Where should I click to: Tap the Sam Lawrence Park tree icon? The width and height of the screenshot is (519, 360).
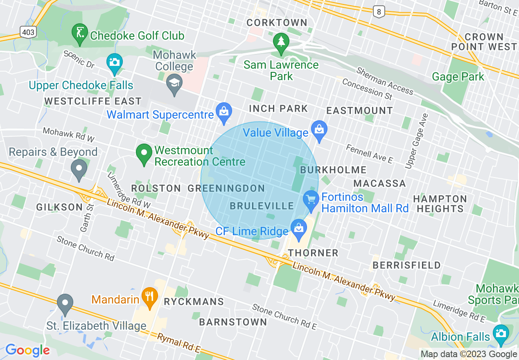(281, 42)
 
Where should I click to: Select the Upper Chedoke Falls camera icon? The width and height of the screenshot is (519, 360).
(114, 63)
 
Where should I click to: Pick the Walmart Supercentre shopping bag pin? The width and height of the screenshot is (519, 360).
(224, 112)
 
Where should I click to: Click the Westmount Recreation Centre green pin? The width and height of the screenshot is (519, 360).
(144, 153)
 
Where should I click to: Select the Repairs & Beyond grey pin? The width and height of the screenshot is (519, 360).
(79, 169)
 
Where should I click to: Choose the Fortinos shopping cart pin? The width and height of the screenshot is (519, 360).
(311, 200)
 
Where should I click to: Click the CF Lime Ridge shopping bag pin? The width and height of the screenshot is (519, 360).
(299, 228)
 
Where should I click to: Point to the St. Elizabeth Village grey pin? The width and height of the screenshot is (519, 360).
(65, 304)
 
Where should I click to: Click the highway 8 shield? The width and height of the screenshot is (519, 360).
(379, 12)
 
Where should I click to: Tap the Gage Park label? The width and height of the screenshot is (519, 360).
(458, 76)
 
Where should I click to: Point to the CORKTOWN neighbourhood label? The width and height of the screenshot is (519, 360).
(277, 22)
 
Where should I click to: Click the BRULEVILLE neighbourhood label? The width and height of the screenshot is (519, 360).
(262, 206)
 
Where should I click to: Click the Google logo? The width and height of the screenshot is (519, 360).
(27, 350)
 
